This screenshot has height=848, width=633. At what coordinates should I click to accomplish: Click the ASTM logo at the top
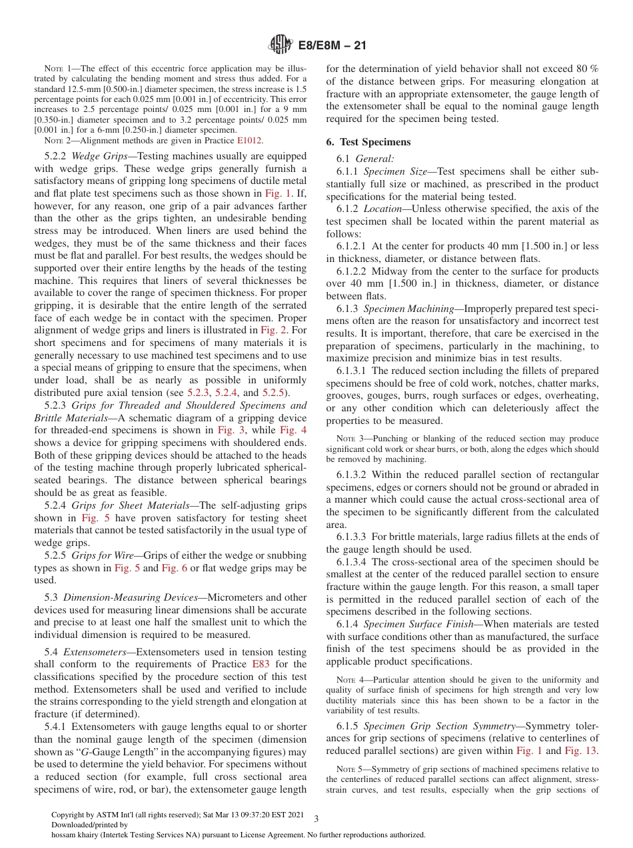pos(280,45)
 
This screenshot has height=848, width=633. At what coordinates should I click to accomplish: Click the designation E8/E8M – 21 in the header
pos(330,46)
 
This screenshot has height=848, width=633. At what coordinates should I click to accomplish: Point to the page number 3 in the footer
pos(316,819)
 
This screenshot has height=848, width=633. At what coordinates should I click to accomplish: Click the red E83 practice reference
pos(261,664)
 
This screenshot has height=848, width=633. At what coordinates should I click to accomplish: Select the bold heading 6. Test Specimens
pos(368,142)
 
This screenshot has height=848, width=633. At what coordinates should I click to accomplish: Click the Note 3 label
pos(348,439)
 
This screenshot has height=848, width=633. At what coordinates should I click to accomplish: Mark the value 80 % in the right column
pos(586,69)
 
